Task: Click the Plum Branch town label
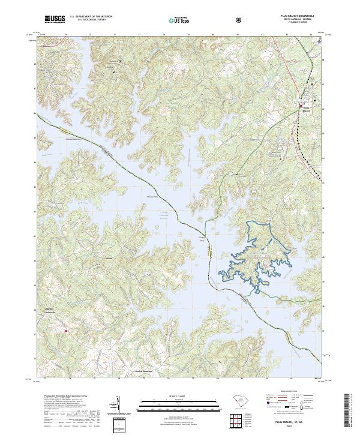[x=306, y=109]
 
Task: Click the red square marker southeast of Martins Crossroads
[x=67, y=329]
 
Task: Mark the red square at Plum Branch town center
[x=301, y=106]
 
